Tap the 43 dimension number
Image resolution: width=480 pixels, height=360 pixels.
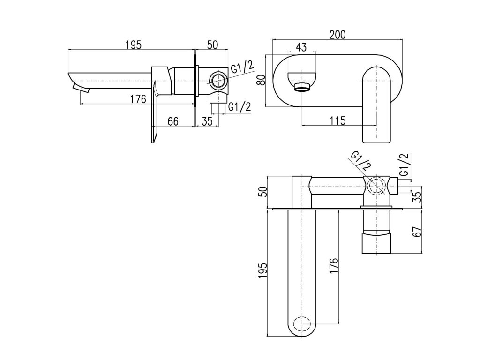(301, 47)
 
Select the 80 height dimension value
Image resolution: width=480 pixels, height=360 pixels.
(263, 80)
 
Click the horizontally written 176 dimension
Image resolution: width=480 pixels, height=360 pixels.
(138, 99)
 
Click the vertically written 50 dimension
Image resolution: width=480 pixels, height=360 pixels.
(263, 192)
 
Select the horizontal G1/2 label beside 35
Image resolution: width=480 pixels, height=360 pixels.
(239, 107)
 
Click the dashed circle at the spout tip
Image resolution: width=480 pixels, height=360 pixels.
(302, 324)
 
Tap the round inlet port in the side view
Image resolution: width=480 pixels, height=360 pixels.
(217, 80)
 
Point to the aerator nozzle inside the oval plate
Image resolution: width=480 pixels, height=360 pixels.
(302, 87)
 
